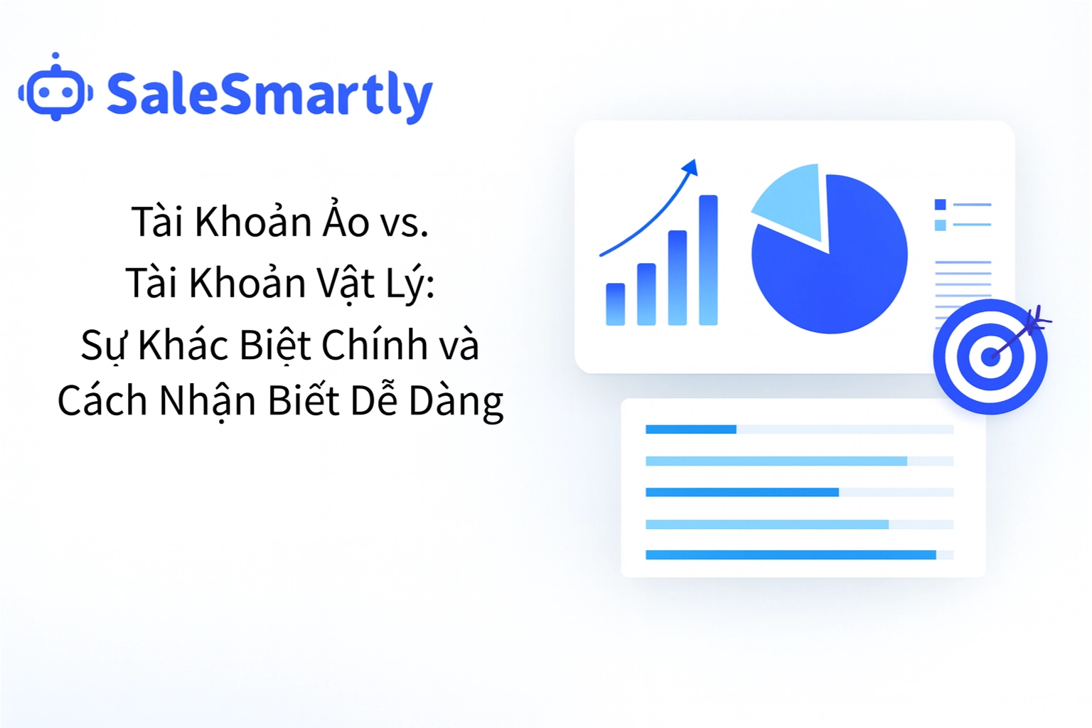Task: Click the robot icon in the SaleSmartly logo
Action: (x=55, y=90)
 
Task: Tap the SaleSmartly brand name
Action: (x=269, y=95)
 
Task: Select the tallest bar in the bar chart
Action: (x=708, y=260)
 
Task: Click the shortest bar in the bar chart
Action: (x=615, y=304)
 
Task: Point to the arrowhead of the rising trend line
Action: (x=690, y=168)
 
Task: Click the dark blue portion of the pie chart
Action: (x=839, y=277)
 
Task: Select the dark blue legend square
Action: (x=940, y=205)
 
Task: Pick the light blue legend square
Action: (x=940, y=225)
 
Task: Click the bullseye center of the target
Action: (x=990, y=356)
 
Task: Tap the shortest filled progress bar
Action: (x=690, y=429)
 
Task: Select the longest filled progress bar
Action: (x=790, y=555)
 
